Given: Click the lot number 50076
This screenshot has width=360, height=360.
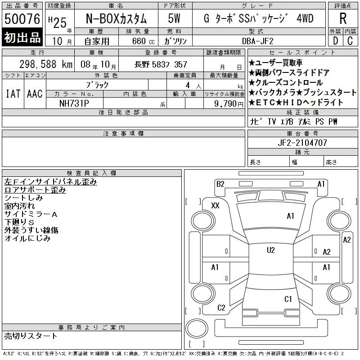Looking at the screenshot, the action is [22, 19].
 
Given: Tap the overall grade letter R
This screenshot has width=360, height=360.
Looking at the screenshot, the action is [343, 18].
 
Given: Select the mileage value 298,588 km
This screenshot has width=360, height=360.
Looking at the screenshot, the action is [46, 64].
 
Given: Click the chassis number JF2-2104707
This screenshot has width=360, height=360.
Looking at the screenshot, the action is [302, 143].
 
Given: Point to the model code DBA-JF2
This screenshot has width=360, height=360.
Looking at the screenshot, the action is [258, 41].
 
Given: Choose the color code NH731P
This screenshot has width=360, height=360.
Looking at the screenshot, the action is [74, 103].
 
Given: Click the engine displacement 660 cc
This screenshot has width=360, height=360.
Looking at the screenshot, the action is [143, 41].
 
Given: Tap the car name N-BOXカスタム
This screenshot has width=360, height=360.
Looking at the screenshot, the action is [116, 18].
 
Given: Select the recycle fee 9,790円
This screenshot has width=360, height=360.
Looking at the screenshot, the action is [229, 104].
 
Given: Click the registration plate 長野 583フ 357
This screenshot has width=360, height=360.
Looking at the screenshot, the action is [161, 64].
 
